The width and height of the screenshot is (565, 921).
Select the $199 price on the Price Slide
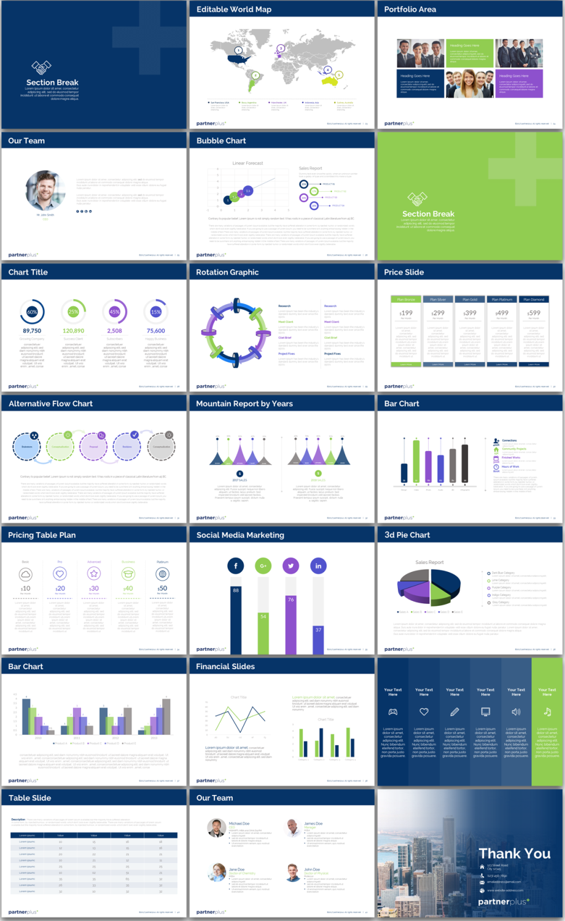pos(406,313)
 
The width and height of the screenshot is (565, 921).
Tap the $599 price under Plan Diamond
pos(534,313)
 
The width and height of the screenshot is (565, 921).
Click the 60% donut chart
pos(32,312)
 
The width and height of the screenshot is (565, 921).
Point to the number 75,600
pos(156,331)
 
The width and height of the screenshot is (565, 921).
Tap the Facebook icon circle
pos(236,566)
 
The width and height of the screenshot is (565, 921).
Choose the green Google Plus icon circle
pos(263,566)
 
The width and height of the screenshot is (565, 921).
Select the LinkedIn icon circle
pos(318,566)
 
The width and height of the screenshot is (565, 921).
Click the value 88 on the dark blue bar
pos(236,590)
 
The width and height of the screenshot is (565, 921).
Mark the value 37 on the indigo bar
pos(318,630)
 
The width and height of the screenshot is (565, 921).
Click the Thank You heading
pos(515,853)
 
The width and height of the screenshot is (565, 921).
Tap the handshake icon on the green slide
pos(418,198)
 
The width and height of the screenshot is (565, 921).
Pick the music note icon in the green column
pos(547,711)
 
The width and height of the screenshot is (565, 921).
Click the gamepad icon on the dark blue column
pos(393,711)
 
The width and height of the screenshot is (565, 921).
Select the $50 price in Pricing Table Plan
pos(162,588)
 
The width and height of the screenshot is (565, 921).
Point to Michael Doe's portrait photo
pos(216,828)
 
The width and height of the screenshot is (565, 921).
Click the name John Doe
pos(312,869)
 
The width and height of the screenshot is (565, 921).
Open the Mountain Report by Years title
pos(244,404)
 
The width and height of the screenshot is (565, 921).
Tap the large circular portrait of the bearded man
pos(45,190)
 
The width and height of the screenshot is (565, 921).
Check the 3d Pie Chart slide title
pos(407,535)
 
